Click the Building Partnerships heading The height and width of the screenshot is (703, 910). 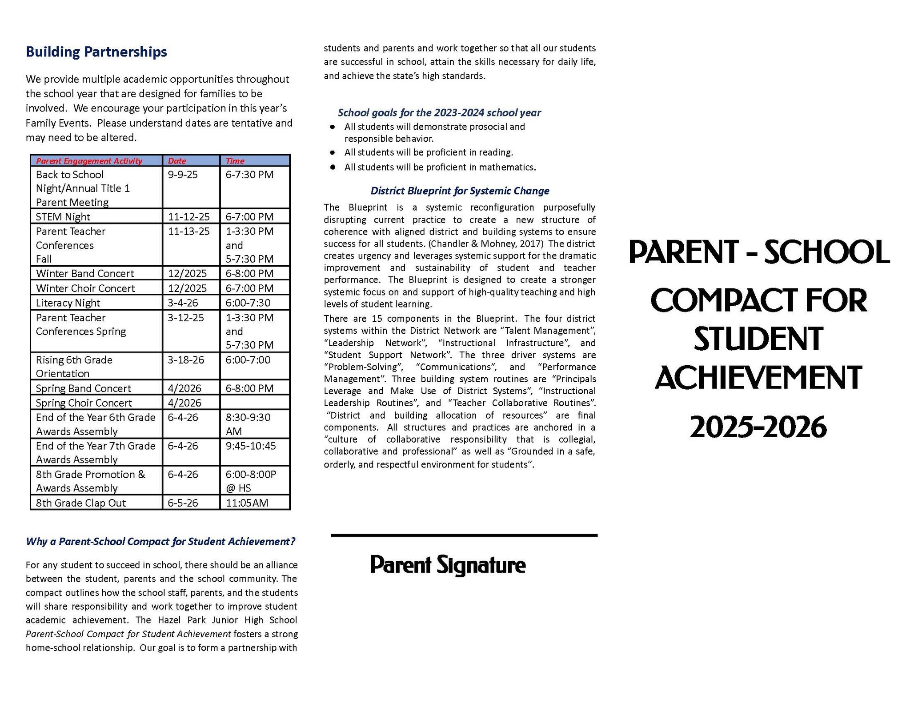pyautogui.click(x=96, y=52)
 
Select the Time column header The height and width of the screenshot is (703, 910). pyautogui.click(x=235, y=161)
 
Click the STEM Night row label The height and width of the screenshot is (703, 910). pyautogui.click(x=63, y=217)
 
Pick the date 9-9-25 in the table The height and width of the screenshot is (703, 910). pyautogui.click(x=183, y=175)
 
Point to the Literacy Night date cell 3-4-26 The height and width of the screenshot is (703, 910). pyautogui.click(x=183, y=303)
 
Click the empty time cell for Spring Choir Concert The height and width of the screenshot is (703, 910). pyautogui.click(x=255, y=403)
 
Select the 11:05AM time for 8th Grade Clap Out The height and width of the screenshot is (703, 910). pyautogui.click(x=247, y=503)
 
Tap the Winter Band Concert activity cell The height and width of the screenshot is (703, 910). pyautogui.click(x=85, y=274)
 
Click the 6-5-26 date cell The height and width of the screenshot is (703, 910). pyautogui.click(x=183, y=503)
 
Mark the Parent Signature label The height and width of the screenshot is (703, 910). pyautogui.click(x=448, y=565)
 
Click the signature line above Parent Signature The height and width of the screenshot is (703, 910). pyautogui.click(x=464, y=535)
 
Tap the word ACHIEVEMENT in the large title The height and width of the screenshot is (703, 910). pyautogui.click(x=758, y=378)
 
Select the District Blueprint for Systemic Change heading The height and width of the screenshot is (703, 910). pyautogui.click(x=460, y=191)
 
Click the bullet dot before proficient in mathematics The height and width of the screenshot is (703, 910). pyautogui.click(x=333, y=168)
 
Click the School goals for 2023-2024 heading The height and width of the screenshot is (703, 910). pyautogui.click(x=439, y=113)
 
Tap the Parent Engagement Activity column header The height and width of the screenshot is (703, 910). pyautogui.click(x=89, y=161)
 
